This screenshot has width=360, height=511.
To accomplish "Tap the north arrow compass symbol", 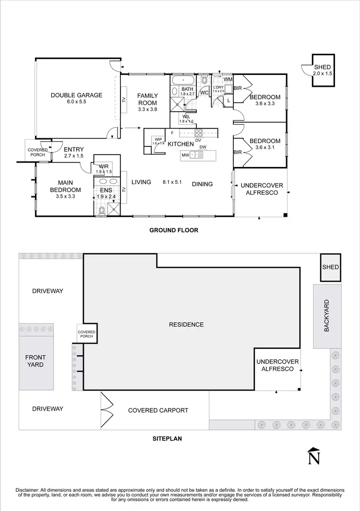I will click(x=314, y=456).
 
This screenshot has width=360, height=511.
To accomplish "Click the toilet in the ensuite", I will click(x=101, y=209).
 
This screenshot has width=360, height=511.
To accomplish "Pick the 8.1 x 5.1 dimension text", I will click(x=172, y=182).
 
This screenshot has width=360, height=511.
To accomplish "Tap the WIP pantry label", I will click(x=158, y=140).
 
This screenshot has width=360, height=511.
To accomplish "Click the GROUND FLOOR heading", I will click(x=174, y=230).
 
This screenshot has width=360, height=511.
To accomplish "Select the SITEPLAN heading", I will click(x=167, y=439).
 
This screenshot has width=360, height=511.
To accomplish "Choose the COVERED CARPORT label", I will click(x=158, y=410).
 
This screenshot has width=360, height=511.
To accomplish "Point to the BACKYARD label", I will click(x=326, y=317).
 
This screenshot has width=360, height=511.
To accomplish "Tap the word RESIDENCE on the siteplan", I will click(x=186, y=325).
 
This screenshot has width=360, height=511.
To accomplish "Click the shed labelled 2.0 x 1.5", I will click(x=322, y=71).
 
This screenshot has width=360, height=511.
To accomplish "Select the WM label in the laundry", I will click(x=228, y=79).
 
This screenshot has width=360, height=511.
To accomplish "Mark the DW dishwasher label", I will click(x=203, y=147).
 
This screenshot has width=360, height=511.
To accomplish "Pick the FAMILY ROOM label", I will click(x=147, y=99).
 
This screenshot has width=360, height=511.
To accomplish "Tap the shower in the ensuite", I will click(x=114, y=208).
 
